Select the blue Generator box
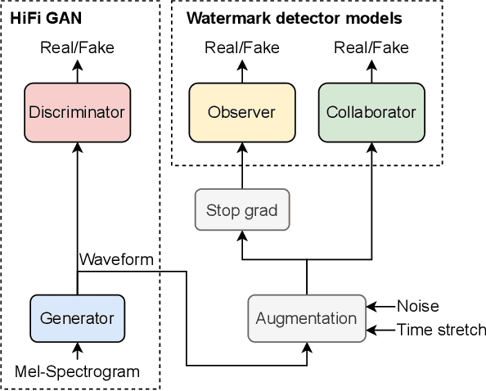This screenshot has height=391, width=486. tap(77, 318)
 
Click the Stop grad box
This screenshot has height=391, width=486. tap(242, 210)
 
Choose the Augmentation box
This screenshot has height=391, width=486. tap(307, 318)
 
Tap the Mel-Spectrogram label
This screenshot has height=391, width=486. tap(77, 372)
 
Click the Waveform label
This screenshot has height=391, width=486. tap(116, 259)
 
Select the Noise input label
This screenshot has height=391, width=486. tap(417, 307)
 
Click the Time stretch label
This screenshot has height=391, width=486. tap(441, 330)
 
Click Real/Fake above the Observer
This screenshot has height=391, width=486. tap(242, 47)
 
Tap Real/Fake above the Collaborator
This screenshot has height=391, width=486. tap(371, 47)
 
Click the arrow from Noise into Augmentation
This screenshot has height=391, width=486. tap(380, 307)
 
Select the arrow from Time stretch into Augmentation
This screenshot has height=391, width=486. tap(380, 330)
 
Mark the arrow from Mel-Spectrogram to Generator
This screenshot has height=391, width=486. tap(77, 353)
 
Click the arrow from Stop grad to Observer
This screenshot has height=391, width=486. tap(242, 164)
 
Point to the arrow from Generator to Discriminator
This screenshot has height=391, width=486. tap(77, 204)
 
